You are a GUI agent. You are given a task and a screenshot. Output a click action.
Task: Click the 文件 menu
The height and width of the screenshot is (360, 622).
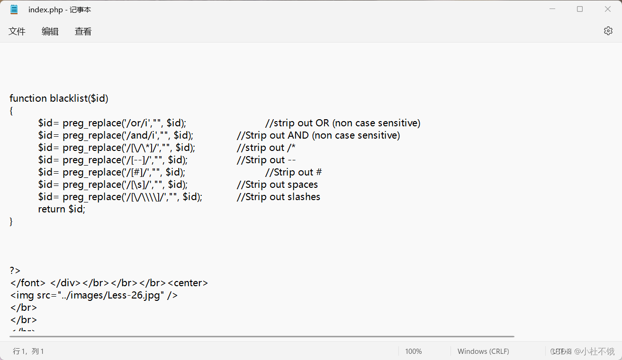tap(17, 32)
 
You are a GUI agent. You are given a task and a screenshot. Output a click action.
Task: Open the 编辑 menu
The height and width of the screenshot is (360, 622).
tap(50, 32)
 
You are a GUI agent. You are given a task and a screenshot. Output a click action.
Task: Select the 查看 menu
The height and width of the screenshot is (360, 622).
tap(83, 32)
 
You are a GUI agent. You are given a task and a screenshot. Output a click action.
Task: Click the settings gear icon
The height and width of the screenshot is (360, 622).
tap(608, 31)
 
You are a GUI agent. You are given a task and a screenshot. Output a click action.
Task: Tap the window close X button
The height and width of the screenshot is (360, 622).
tap(608, 9)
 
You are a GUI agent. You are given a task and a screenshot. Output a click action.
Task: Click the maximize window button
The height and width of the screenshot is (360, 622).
tap(580, 9)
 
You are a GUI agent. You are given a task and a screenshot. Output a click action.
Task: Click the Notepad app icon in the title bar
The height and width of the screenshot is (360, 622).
tap(14, 9)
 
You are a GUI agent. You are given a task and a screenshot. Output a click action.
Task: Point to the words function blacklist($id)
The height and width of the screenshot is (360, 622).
tap(59, 98)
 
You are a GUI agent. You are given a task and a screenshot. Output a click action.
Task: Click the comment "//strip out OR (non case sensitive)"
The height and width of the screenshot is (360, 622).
tap(343, 123)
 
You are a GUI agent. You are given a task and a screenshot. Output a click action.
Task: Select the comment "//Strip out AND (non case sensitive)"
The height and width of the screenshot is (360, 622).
tap(318, 135)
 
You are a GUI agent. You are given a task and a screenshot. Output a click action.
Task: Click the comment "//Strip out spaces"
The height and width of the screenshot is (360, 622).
tap(277, 184)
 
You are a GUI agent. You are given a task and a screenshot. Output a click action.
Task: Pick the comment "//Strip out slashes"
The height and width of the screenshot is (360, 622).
tap(279, 197)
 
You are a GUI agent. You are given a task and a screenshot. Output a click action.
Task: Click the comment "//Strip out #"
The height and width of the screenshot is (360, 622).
tap(293, 172)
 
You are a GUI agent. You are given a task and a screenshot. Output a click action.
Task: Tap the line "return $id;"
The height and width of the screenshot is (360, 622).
tap(62, 209)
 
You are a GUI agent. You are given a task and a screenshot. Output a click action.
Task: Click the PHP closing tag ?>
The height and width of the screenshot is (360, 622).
tap(15, 271)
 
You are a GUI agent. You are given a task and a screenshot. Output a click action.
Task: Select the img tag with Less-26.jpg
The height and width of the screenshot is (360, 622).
tap(94, 295)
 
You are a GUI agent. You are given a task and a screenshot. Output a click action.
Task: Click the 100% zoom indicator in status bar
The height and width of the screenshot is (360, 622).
tap(413, 351)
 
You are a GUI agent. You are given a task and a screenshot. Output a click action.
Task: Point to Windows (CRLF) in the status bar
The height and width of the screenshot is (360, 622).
tap(483, 351)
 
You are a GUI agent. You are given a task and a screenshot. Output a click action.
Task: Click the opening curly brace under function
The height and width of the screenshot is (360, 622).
tap(11, 111)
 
